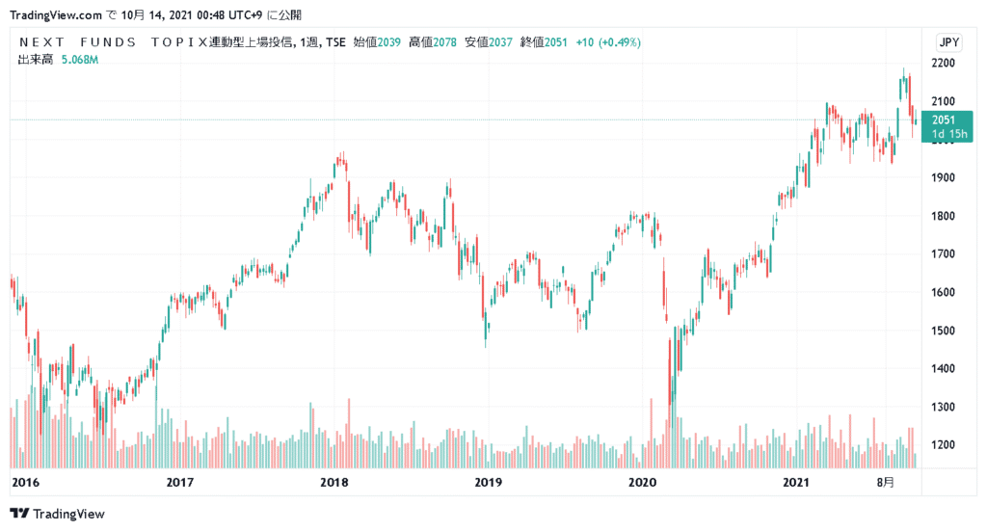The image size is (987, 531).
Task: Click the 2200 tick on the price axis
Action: coord(944,63)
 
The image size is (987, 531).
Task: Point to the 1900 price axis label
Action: coord(944,177)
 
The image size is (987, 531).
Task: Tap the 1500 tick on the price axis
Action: coord(944,331)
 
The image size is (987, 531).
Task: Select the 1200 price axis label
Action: coord(944,445)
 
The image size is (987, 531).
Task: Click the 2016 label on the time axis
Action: coord(25,481)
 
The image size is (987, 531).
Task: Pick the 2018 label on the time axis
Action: coord(333,481)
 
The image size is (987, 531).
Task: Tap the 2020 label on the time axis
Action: coord(641,481)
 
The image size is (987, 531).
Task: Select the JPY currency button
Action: coord(948,42)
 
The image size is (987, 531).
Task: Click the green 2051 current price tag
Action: coord(944,119)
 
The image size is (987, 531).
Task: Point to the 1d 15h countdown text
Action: coord(947,134)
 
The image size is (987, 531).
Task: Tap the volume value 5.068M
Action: coord(78,60)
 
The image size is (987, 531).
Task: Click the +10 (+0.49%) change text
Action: coord(608,42)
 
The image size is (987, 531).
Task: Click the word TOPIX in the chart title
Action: coord(179,42)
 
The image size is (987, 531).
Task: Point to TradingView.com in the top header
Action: coord(55,15)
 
